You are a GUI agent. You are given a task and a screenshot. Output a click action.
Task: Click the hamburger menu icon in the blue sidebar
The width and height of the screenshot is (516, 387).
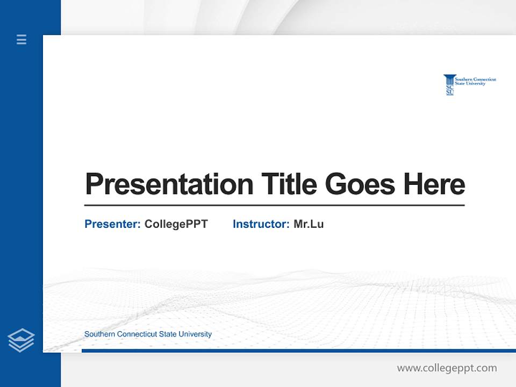point(21,39)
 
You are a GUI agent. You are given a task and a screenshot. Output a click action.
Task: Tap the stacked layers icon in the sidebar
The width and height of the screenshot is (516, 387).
point(21,340)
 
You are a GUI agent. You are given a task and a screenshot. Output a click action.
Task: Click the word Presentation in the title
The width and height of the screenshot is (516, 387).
point(169,184)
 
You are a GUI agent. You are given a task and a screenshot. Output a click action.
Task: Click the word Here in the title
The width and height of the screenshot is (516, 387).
point(434,184)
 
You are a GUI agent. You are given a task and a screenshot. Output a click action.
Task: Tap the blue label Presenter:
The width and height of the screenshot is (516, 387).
point(112,224)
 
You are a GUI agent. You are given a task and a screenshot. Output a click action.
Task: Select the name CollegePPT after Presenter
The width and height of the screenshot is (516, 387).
point(176,224)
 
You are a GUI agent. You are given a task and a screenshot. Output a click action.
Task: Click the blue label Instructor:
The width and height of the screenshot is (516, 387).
point(261,224)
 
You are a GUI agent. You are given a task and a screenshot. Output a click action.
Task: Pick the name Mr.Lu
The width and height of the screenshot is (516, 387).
point(309,224)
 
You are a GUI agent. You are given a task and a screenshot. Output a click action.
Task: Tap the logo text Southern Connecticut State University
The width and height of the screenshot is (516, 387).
point(475,81)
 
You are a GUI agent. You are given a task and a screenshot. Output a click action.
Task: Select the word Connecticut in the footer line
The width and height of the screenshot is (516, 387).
point(137,334)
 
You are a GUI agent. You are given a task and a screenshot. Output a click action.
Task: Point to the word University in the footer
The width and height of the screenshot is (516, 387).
point(195,334)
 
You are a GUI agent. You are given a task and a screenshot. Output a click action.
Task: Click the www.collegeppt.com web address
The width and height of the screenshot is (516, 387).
point(447,368)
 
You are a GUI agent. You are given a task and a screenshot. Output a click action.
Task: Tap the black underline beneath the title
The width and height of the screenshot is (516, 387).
point(274,205)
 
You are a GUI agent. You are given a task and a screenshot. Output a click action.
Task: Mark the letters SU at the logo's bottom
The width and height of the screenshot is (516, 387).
point(450,92)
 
